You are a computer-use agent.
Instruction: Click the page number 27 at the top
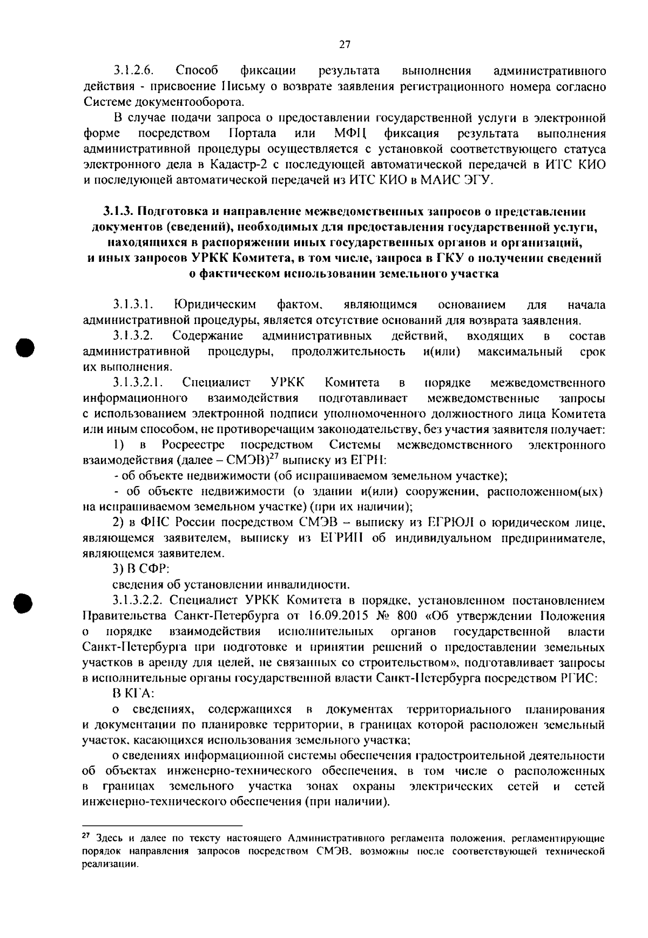(345, 45)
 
